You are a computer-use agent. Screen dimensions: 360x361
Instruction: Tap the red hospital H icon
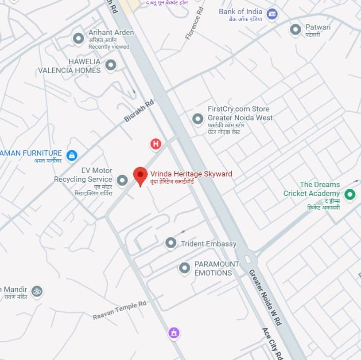[x=155, y=144]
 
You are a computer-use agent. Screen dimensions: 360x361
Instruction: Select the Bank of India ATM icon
[x=272, y=14]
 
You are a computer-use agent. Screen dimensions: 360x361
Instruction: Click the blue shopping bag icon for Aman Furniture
[x=71, y=155]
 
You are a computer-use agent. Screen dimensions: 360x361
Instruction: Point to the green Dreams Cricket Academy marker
[x=350, y=194]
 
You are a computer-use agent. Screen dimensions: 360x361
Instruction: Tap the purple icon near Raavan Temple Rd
[x=174, y=333]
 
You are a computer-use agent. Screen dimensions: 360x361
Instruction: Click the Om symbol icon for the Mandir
[x=37, y=291]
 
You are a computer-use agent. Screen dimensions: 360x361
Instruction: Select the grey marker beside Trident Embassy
[x=171, y=243]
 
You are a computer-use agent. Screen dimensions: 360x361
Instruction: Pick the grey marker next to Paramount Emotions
[x=184, y=268]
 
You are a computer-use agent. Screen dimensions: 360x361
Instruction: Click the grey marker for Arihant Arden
[x=78, y=38]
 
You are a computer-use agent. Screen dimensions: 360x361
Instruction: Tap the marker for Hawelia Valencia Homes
[x=111, y=65]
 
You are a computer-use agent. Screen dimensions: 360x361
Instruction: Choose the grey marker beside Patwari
[x=295, y=30]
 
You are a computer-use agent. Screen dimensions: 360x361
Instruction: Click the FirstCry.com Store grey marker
[x=198, y=119]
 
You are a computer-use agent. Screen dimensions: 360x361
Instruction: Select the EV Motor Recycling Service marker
[x=122, y=180]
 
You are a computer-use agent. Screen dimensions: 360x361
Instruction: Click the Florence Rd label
[x=194, y=23]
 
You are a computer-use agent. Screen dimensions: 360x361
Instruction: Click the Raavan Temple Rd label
[x=120, y=310]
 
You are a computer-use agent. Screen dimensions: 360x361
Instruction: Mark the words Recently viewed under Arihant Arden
[x=109, y=47]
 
